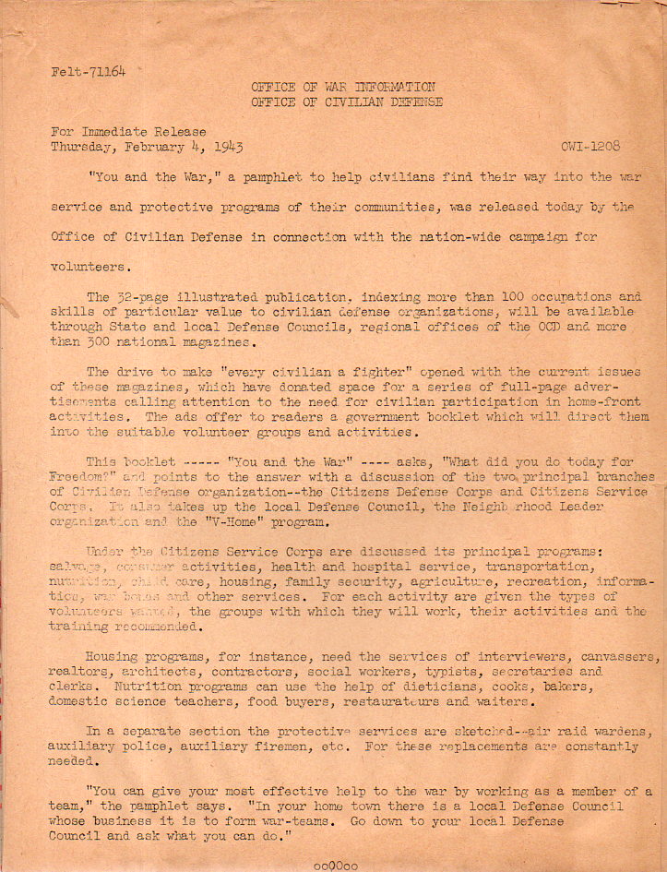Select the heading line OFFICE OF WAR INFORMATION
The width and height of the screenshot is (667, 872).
(x=343, y=87)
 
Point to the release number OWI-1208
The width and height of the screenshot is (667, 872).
(x=589, y=147)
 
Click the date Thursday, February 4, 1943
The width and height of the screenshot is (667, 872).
(x=147, y=147)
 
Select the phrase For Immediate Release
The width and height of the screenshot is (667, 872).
(x=128, y=132)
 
